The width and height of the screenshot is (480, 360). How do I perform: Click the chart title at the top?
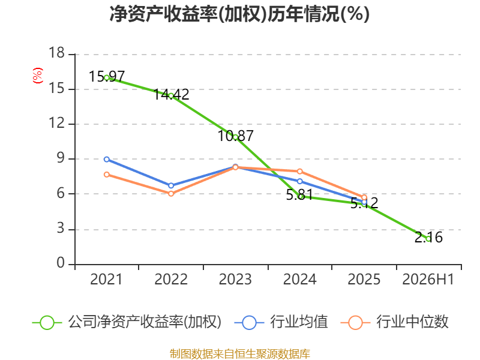pos(239,14)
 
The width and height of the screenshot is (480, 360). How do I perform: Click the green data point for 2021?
pos(107,78)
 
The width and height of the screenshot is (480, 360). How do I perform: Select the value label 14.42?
pos(171,94)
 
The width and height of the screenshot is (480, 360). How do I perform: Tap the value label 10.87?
pos(235,136)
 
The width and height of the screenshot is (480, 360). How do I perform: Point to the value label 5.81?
pos(299,194)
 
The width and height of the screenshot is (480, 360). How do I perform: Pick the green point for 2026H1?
pos(428,239)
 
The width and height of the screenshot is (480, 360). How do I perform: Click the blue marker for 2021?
pos(107,160)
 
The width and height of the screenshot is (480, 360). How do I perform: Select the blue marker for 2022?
pos(171,186)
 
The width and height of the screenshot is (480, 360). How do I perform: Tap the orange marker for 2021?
pos(107,175)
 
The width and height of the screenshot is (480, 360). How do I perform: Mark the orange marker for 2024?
pos(299,172)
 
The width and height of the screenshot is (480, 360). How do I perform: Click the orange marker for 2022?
pos(171,194)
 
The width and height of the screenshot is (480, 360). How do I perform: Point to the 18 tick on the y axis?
pos(57,53)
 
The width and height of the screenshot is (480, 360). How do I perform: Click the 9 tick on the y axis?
pos(61,158)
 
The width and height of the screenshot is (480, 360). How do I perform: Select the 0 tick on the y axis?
pos(61,263)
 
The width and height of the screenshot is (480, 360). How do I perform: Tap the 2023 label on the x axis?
pos(235,280)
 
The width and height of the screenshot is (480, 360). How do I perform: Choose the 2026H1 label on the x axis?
pos(428,280)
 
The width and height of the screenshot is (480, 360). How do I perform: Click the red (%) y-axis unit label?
pos(38,76)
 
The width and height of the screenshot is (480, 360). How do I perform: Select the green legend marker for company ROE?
pos(47,323)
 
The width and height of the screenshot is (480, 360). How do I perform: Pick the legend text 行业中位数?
pos(412,322)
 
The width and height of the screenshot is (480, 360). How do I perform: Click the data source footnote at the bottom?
pos(240,354)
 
